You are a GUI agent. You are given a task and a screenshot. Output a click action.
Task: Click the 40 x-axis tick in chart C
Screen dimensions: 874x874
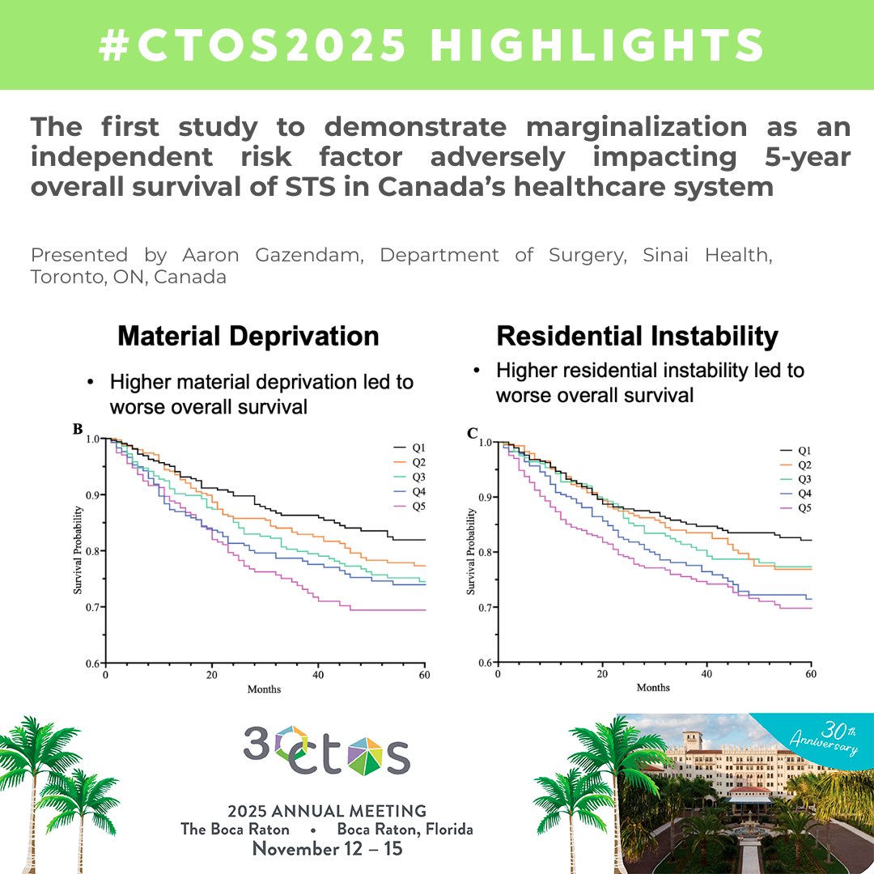[x=706, y=674]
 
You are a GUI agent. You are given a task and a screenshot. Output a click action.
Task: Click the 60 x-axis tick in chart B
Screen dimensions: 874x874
[x=424, y=674]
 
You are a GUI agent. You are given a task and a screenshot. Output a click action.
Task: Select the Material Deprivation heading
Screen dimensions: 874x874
[x=248, y=337]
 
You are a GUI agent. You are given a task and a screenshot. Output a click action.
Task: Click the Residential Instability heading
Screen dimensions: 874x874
[x=637, y=337]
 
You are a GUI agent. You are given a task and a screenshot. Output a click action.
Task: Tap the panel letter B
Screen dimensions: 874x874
[x=78, y=429]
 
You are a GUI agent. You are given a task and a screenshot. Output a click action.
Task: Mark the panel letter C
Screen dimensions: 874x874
[x=473, y=433]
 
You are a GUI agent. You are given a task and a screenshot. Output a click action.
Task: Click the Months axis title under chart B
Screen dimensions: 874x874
[x=264, y=689]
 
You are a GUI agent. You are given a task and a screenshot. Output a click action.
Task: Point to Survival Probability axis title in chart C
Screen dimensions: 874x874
[x=471, y=552]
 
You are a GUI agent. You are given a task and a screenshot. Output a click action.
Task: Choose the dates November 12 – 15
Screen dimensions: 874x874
[x=327, y=849]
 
